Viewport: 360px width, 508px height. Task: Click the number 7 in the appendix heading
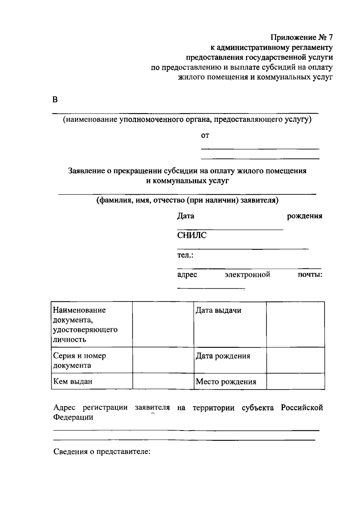(330, 38)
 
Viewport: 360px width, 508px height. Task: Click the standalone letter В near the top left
(55, 100)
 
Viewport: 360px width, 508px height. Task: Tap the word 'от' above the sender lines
(205, 136)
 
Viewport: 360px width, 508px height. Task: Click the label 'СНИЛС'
(192, 236)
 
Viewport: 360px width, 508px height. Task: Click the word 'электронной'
(247, 275)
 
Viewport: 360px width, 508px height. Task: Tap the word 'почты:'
(310, 275)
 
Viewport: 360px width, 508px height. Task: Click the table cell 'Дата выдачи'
(218, 310)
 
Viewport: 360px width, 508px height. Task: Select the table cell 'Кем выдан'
(73, 381)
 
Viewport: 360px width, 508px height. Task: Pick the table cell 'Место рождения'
(226, 382)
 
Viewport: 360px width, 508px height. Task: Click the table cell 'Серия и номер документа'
(79, 360)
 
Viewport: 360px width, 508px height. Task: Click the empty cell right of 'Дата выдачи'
(295, 324)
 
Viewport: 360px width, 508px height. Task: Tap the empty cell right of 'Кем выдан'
(163, 381)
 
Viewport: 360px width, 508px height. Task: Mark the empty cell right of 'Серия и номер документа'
(163, 360)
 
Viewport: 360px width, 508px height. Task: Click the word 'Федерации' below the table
(73, 417)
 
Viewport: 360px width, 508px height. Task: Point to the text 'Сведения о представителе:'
(102, 451)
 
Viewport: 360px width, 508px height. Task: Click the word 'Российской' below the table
(302, 408)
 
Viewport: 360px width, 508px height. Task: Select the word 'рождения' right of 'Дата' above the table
(304, 216)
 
